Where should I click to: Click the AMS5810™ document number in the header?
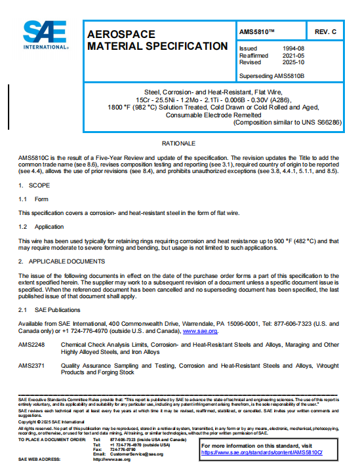point(262,31)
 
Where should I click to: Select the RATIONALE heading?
point(180,142)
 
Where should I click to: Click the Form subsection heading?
point(41,199)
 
